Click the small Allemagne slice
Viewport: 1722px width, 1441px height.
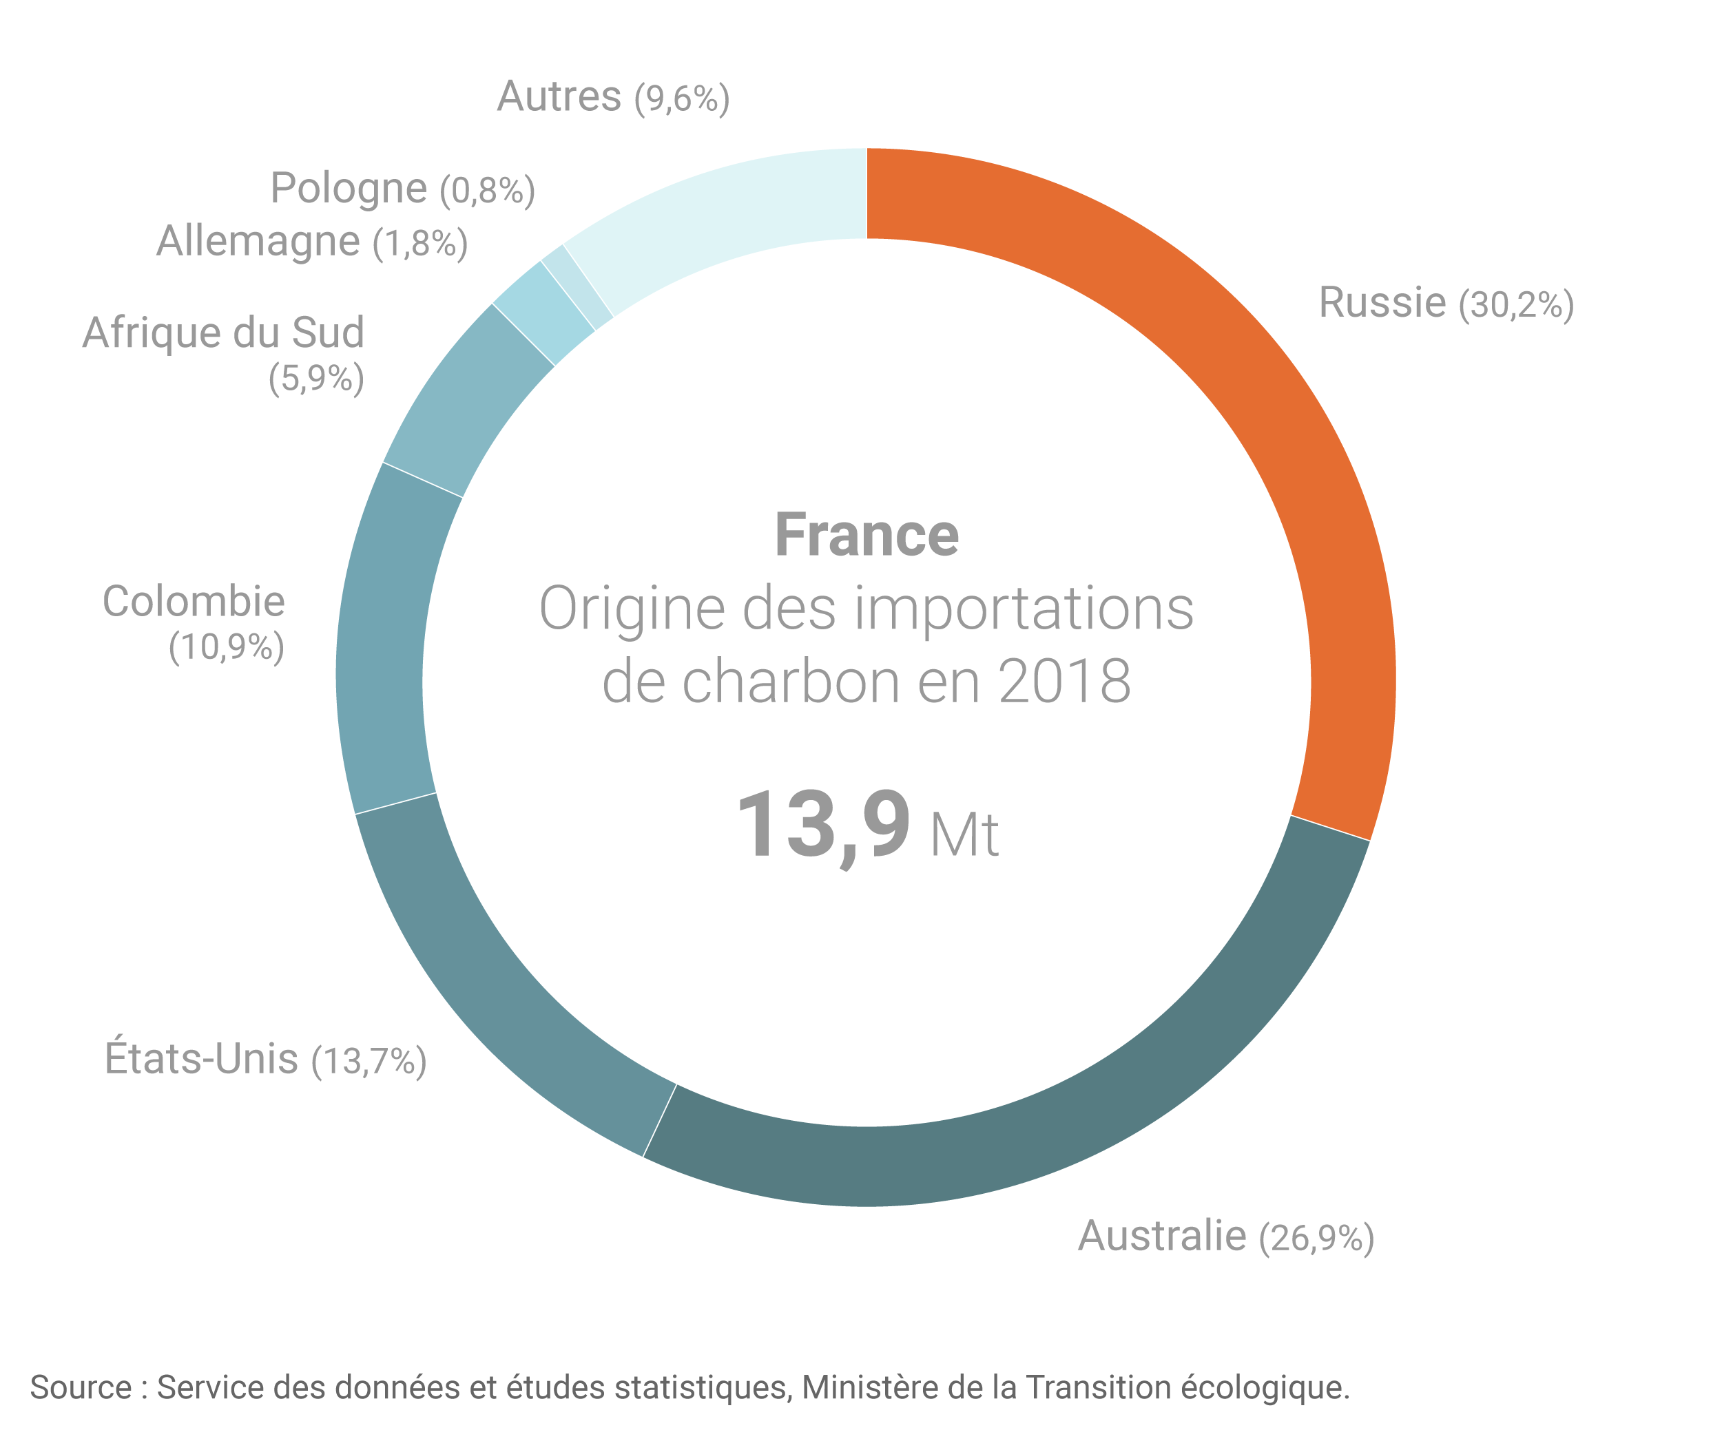click(541, 311)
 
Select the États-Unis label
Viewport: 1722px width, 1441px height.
click(201, 1058)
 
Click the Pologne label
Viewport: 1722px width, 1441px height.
click(349, 188)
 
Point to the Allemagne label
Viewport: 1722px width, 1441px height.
click(258, 241)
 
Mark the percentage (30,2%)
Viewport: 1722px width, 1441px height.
click(1516, 304)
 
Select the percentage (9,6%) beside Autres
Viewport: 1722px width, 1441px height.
click(681, 98)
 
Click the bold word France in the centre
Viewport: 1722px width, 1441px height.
click(867, 535)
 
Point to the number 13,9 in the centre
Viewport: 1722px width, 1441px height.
click(822, 825)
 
